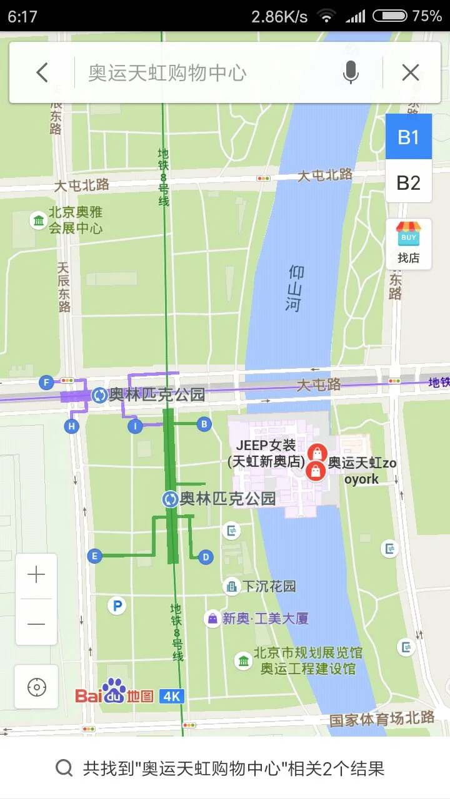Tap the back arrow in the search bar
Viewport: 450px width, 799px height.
[42, 73]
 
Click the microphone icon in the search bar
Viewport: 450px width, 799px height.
[351, 73]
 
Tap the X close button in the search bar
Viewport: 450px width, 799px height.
[411, 73]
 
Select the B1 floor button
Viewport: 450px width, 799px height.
[409, 137]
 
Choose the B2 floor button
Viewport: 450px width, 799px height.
[409, 182]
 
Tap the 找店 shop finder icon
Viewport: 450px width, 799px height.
[409, 243]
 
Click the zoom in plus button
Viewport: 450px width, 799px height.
[36, 575]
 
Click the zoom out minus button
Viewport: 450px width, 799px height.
[36, 624]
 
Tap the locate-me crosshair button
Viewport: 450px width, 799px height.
[36, 687]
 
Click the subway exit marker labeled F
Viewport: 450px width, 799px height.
[46, 382]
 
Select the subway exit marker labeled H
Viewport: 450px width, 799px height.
[72, 426]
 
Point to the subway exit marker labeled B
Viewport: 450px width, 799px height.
[204, 424]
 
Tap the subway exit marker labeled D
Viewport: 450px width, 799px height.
[206, 557]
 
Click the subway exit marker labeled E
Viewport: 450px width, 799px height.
[95, 556]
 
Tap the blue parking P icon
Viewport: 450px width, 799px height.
[116, 605]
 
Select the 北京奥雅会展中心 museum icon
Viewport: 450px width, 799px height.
[39, 220]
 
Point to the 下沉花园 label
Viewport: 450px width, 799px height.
[269, 587]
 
